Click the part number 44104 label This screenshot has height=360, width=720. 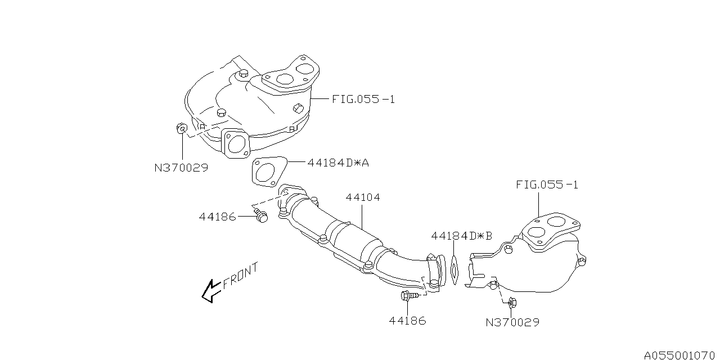coord(363,197)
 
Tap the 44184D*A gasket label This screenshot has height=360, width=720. coord(337,163)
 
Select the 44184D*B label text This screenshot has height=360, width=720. coord(461,236)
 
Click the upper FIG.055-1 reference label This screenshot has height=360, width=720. coord(363,99)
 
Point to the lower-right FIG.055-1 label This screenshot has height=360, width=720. coord(547,184)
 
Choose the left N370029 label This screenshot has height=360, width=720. coord(181,168)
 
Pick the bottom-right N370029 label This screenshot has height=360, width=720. coord(512,322)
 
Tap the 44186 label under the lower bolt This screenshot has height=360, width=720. coord(407,321)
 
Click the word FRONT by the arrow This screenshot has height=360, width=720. coord(240,276)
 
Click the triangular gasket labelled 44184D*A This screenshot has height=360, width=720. coord(267,171)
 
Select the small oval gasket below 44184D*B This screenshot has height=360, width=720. coord(454,270)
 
